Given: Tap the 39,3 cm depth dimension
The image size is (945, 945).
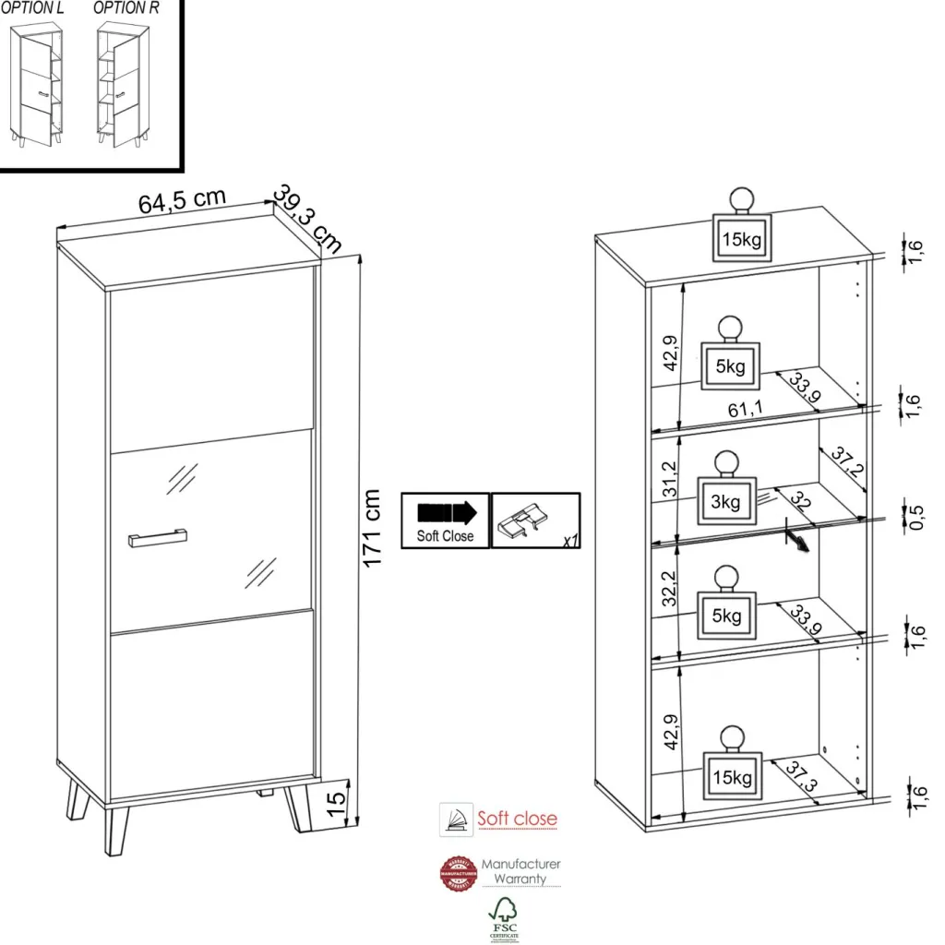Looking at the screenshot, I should (x=308, y=219).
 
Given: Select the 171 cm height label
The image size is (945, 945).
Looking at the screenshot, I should (x=372, y=528).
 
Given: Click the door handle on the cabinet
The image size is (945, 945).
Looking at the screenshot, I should (x=158, y=538).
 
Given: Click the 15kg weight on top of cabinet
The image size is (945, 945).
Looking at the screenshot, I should (x=741, y=240).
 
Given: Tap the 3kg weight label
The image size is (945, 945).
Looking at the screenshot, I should (x=725, y=502).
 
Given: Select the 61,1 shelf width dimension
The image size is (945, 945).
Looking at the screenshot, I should (x=744, y=410).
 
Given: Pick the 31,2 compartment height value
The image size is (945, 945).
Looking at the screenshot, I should (x=671, y=481).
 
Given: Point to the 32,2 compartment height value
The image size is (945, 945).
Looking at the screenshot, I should (x=671, y=588).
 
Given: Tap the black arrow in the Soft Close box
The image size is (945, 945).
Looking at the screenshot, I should (x=446, y=512).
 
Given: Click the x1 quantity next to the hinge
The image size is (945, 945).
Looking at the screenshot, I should (x=570, y=541).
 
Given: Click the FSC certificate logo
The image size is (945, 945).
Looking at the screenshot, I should (x=503, y=918).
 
